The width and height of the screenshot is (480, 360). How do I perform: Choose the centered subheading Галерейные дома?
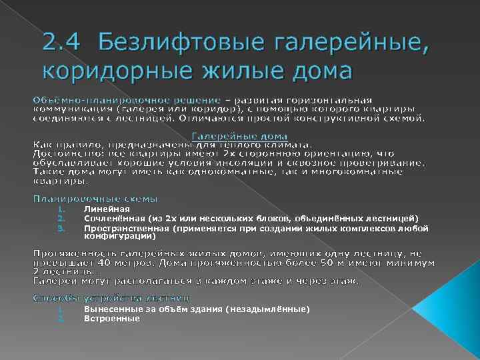point(240,136)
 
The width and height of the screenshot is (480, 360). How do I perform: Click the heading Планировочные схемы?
point(96,199)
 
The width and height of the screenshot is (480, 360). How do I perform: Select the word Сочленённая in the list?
point(112,218)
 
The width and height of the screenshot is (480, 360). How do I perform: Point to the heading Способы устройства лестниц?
point(111,297)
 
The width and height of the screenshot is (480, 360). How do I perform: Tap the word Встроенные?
point(111,318)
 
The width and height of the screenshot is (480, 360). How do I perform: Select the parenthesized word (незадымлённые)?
point(267,309)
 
